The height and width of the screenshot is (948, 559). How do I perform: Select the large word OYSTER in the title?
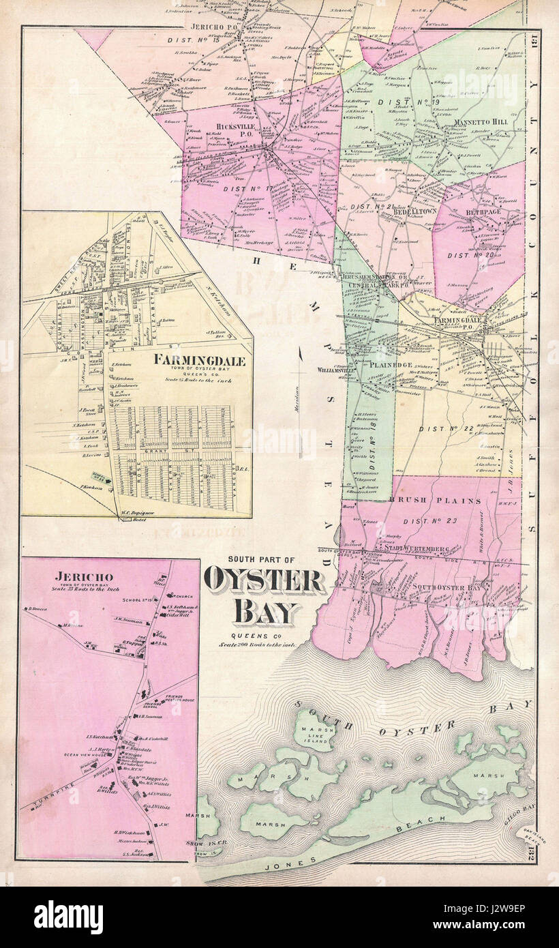264,581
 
